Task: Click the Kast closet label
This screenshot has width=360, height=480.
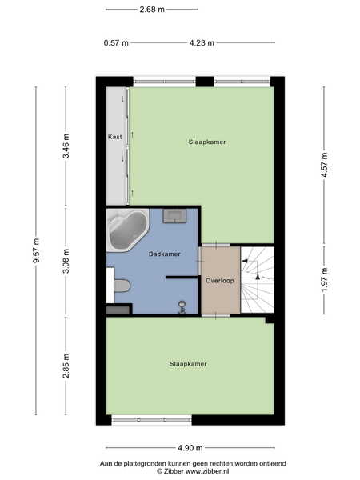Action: [114, 137]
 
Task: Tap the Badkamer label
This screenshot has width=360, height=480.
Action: [164, 254]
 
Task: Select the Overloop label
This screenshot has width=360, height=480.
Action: [219, 281]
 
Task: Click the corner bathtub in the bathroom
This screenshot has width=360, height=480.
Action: [128, 230]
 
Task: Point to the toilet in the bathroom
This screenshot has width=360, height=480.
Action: [122, 286]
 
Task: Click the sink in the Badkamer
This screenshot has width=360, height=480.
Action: [174, 215]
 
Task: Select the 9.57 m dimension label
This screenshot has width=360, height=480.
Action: [37, 250]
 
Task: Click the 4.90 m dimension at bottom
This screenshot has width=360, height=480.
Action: [190, 448]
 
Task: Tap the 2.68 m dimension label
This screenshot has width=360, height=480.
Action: [152, 10]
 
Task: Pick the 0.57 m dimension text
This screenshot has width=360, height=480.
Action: [116, 43]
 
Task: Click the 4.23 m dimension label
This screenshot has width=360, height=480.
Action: [202, 43]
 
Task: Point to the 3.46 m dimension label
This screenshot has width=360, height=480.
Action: [66, 146]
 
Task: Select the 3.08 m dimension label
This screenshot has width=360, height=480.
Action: [66, 261]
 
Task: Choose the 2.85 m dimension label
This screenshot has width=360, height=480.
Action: [66, 366]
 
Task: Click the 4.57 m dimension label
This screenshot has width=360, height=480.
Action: [325, 165]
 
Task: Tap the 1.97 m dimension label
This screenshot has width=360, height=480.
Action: [325, 280]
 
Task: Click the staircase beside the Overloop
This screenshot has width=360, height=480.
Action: [257, 280]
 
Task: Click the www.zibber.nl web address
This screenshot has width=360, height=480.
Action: [207, 471]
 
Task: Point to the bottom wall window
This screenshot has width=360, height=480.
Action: [151, 420]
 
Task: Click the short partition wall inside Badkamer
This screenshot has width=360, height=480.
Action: [182, 277]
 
